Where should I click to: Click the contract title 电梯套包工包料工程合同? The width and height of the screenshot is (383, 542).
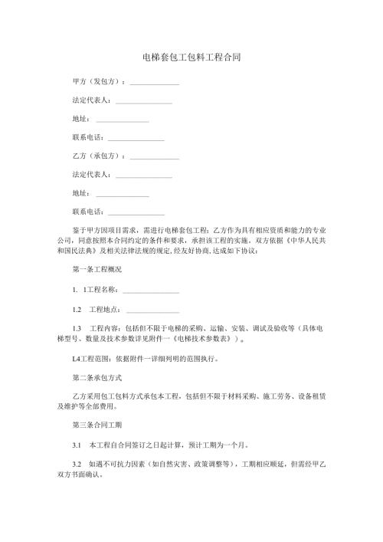(191, 57)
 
